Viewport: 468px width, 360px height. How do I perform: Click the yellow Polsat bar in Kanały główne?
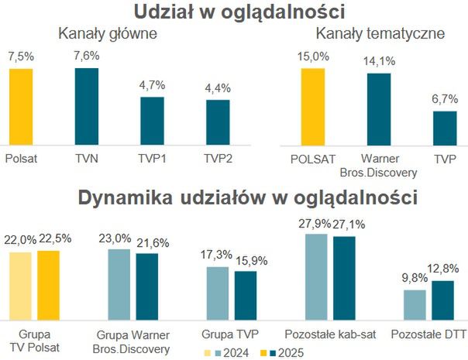coord(21,107)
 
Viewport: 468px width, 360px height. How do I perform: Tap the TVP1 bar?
coord(152,121)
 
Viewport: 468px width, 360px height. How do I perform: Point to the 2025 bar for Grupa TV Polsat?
coord(48,283)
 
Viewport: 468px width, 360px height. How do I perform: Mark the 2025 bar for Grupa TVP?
coord(246,293)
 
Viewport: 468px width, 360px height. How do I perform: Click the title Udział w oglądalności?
coord(239,12)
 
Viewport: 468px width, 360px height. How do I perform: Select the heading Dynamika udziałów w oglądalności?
coord(247,197)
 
